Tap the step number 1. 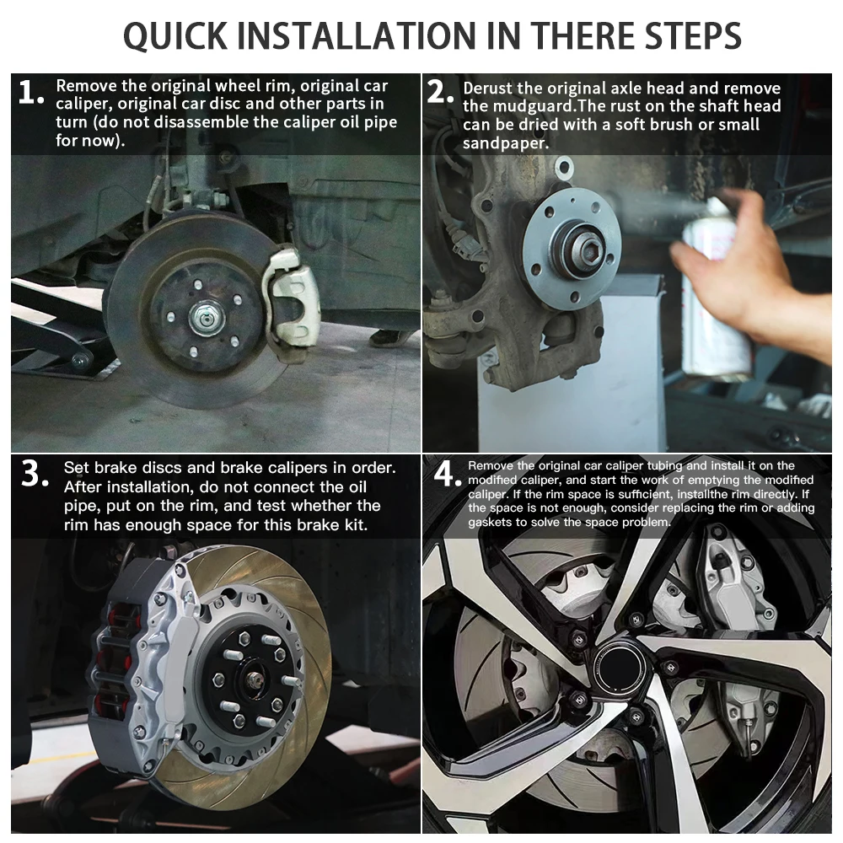tap(30, 94)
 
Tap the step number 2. tap(440, 92)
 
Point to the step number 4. tap(448, 475)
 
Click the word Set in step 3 tap(76, 468)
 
